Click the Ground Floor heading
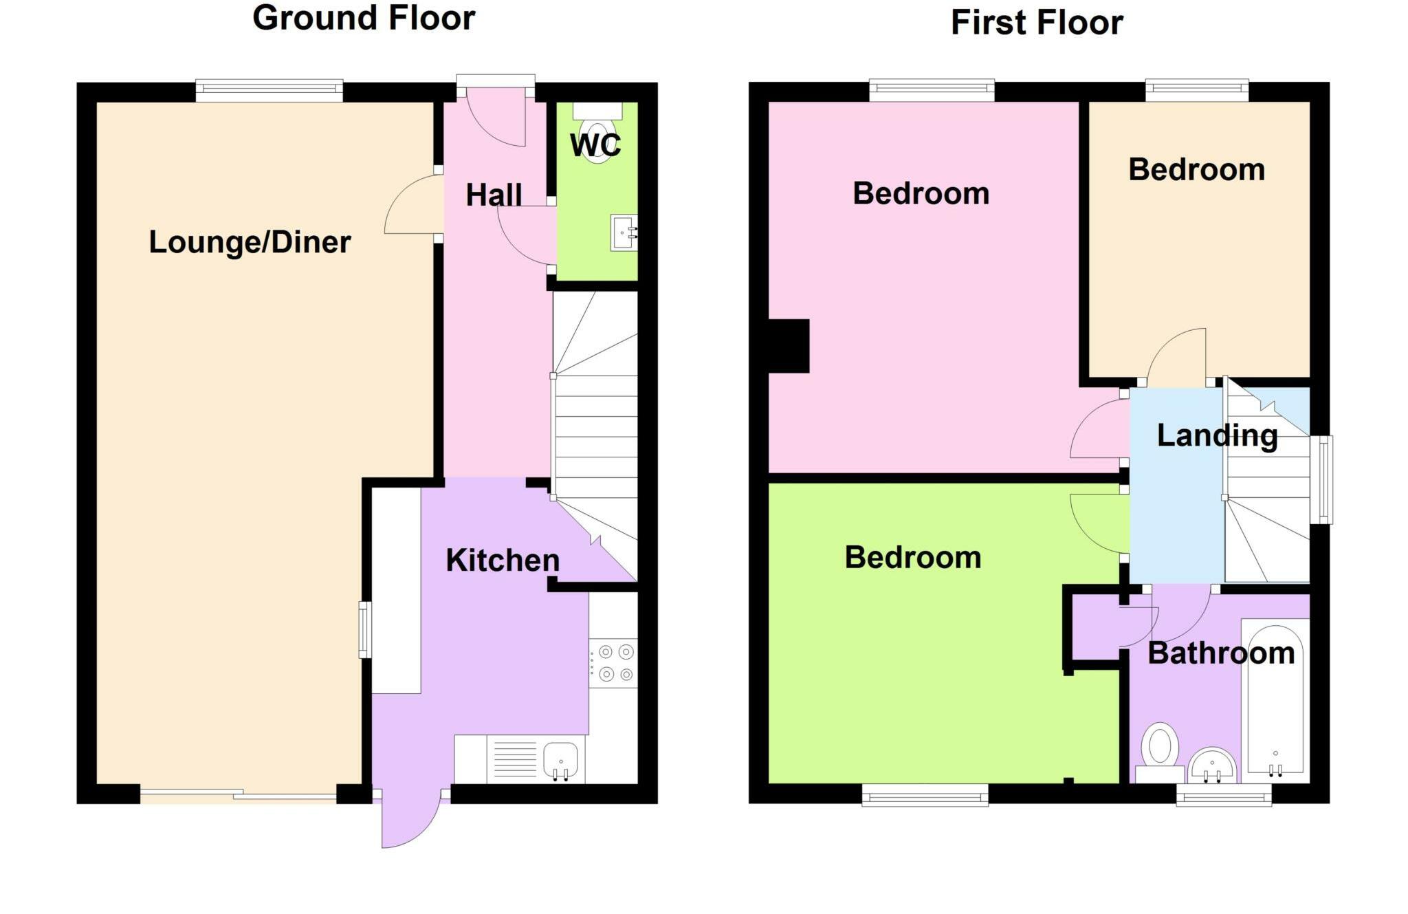point(364,18)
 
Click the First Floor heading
point(1036,23)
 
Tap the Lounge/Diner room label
point(250,242)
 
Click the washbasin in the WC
point(624,232)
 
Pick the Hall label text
point(494,195)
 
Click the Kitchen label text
point(503,561)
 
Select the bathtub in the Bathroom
point(1275,698)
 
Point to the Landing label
point(1217,436)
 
